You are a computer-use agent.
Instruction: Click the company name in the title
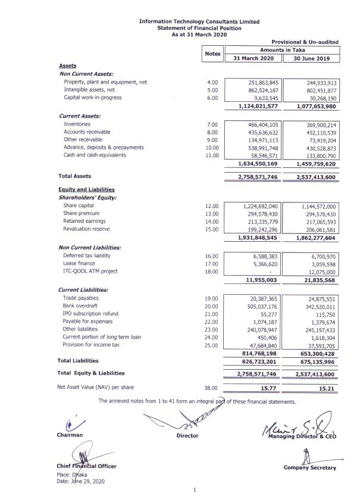(199, 21)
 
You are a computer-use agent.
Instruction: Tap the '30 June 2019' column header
(312, 58)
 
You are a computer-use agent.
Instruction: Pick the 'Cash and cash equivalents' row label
(95, 155)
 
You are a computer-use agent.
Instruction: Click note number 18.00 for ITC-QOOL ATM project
(212, 271)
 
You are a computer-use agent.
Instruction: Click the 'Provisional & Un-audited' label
(305, 42)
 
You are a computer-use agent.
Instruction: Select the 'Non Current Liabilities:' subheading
(90, 247)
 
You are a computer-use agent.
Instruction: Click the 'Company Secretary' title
(310, 468)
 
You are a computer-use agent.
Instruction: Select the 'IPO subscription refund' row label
(90, 313)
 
